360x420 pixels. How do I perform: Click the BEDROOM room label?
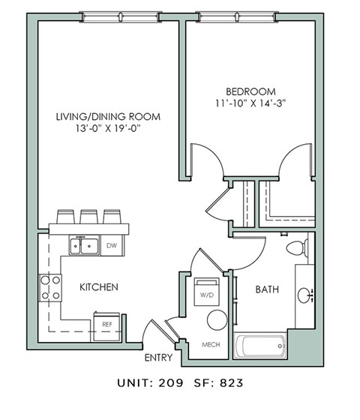coord(251,91)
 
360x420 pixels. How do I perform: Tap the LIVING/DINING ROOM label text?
coord(109,117)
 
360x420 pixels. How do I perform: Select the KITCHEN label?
coord(100,287)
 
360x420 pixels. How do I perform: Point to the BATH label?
coord(268,288)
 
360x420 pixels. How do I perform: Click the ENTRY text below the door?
coord(158,358)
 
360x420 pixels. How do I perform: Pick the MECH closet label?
coord(211,346)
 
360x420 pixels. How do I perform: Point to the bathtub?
coord(259,346)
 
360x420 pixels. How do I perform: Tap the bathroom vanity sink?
coord(305,295)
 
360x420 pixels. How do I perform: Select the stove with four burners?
coord(49,288)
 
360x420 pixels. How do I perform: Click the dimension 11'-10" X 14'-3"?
coord(251,103)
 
